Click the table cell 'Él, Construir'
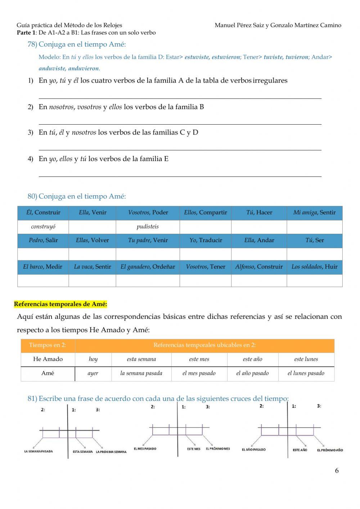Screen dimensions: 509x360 click(43, 213)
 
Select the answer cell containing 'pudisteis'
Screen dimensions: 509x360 click(148, 227)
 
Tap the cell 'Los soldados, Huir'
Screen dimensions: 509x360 click(314, 267)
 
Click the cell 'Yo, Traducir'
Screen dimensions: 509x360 click(206, 240)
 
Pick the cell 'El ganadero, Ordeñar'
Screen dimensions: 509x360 click(148, 267)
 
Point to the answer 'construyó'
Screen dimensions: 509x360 click(43, 227)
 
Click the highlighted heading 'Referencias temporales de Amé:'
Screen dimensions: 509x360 click(60, 304)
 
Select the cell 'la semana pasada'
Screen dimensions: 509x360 click(141, 374)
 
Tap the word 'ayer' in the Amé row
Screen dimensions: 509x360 click(93, 374)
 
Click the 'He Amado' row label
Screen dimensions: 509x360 click(48, 359)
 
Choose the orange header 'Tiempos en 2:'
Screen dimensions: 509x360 click(48, 345)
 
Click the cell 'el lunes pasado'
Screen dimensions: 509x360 click(306, 374)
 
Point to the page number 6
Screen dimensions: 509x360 click(337, 471)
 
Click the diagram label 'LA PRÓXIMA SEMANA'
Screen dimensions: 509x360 click(111, 452)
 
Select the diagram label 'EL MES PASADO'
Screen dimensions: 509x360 click(145, 449)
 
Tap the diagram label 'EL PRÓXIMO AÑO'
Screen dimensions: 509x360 click(330, 450)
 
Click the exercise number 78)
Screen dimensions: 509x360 click(32, 44)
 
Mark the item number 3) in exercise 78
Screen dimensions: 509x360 click(31, 133)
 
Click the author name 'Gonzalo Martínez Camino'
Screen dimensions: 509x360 click(306, 25)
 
